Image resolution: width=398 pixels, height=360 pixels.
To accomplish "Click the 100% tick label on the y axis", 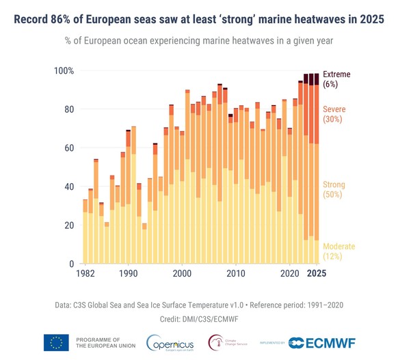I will point(64,71).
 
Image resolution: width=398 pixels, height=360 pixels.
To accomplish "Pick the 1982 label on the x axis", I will point(85,274).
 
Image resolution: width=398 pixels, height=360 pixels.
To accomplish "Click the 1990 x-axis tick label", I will point(128,274).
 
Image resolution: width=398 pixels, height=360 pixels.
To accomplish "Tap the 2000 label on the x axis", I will point(182,274).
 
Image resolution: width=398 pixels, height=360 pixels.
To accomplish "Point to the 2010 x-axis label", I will point(236,274).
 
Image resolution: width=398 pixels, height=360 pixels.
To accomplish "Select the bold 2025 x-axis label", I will point(316,274).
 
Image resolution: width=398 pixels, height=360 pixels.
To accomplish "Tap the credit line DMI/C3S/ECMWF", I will point(198,319).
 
